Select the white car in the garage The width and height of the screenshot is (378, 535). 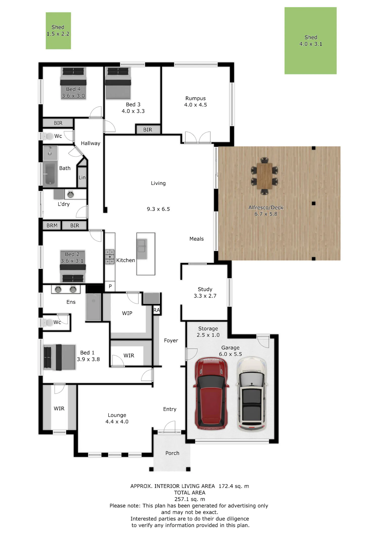point(251,394)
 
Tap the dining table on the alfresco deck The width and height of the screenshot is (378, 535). point(265,176)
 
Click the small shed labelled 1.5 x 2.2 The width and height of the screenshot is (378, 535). point(58,31)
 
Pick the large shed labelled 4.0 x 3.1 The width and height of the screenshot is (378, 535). point(310,41)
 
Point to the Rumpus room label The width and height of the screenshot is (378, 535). point(196,98)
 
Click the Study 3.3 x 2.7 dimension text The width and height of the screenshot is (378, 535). point(205,296)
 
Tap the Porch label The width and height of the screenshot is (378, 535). point(172,453)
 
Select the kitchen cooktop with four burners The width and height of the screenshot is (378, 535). point(110,257)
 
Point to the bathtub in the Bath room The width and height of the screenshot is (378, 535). point(50,174)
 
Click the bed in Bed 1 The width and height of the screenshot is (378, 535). point(59,357)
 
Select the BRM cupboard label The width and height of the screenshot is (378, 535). point(52,225)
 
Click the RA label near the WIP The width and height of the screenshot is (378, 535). point(157,310)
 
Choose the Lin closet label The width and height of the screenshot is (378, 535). point(82,177)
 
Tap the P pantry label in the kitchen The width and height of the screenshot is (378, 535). point(110,286)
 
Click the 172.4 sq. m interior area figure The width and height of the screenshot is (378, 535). point(234,486)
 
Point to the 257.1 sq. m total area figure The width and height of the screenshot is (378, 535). point(190,499)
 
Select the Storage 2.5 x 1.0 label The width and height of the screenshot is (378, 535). point(208,332)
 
